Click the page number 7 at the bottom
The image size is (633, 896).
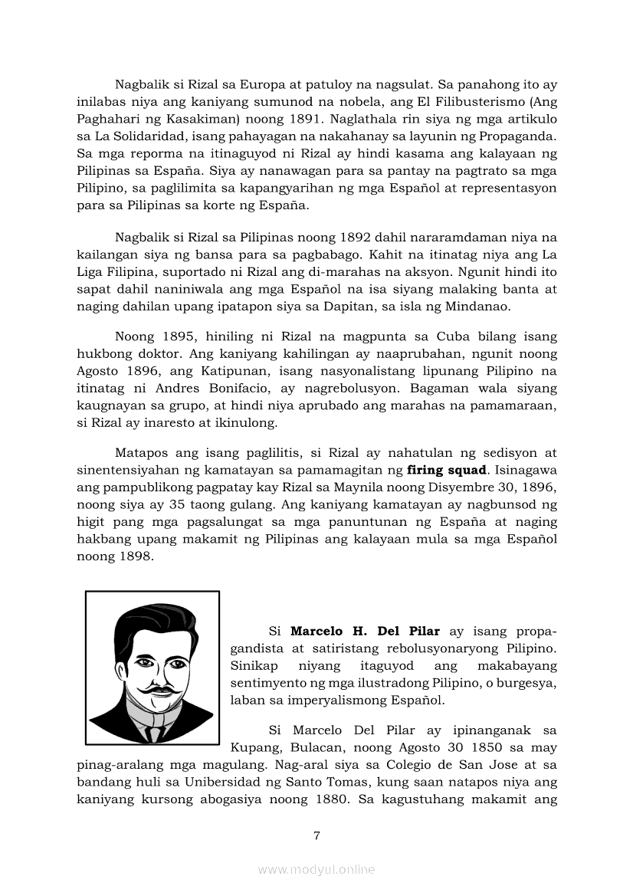coord(316,836)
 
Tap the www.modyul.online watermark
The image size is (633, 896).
coord(316,870)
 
